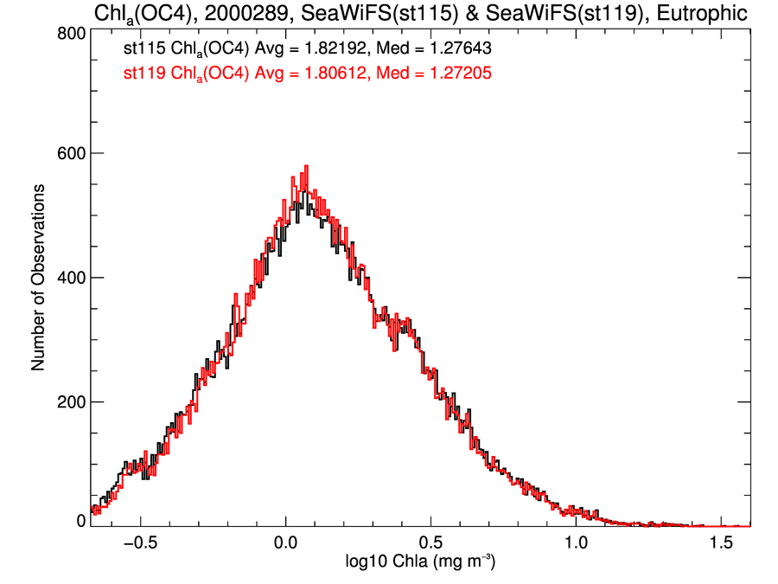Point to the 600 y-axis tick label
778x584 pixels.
[70, 153]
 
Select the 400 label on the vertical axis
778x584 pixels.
[70, 278]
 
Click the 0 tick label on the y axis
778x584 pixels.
[80, 520]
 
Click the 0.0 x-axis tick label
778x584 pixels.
[286, 544]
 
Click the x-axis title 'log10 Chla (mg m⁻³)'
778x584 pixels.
[421, 563]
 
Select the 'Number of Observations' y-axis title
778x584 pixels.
[38, 277]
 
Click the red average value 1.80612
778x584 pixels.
[332, 75]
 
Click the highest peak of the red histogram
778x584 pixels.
[306, 167]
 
